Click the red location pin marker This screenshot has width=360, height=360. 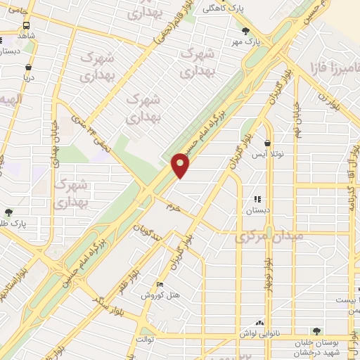point(181,165)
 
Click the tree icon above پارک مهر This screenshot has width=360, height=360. point(246,31)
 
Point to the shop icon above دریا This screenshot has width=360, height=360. point(28,68)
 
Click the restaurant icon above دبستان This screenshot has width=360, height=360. point(257,199)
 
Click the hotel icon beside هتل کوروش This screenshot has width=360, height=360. point(160,285)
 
